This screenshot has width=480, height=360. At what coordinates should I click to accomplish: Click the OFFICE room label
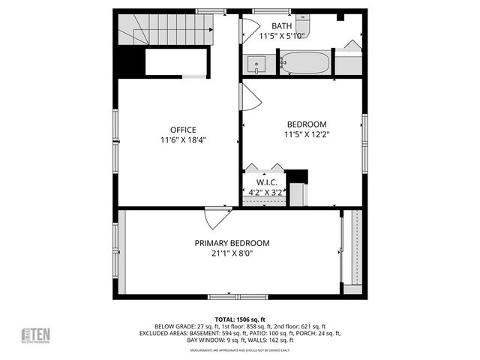click(183, 130)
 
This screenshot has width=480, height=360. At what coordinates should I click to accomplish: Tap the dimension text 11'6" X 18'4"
click(183, 139)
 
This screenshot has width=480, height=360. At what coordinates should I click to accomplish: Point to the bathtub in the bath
click(304, 62)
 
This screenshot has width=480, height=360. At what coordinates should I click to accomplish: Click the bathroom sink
click(257, 64)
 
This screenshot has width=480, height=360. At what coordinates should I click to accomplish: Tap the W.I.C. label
click(267, 182)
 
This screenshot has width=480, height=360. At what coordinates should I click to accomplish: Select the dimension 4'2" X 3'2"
click(267, 192)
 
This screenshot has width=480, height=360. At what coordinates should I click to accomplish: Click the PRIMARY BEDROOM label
click(232, 243)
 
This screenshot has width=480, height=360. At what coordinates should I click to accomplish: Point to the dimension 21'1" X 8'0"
click(232, 253)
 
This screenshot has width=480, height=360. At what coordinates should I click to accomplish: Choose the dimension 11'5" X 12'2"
click(307, 134)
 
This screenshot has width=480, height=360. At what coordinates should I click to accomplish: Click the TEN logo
click(35, 335)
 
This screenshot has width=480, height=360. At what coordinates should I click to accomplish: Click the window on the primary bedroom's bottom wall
click(226, 296)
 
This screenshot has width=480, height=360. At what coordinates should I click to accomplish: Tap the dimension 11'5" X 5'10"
click(281, 35)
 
